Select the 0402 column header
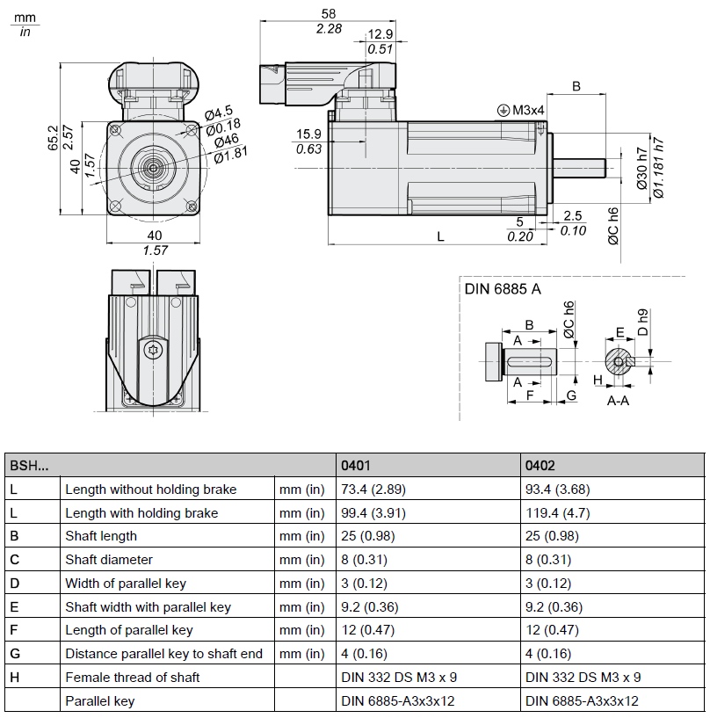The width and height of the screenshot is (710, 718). click(540, 466)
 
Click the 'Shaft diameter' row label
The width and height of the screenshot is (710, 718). click(109, 560)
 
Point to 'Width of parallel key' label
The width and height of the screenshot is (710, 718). click(126, 584)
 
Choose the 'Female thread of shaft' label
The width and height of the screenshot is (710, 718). click(132, 677)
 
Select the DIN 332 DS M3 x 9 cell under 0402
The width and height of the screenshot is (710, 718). click(583, 677)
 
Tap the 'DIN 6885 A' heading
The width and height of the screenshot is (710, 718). click(503, 287)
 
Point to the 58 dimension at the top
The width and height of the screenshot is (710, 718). click(329, 14)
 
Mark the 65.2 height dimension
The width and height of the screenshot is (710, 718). click(53, 138)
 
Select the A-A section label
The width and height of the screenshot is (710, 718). click(618, 399)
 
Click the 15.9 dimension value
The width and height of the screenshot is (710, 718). click(308, 134)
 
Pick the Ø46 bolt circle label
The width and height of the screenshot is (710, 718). click(227, 140)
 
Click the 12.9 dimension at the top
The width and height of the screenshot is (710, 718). click(380, 34)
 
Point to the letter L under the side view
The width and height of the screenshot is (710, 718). click(440, 236)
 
